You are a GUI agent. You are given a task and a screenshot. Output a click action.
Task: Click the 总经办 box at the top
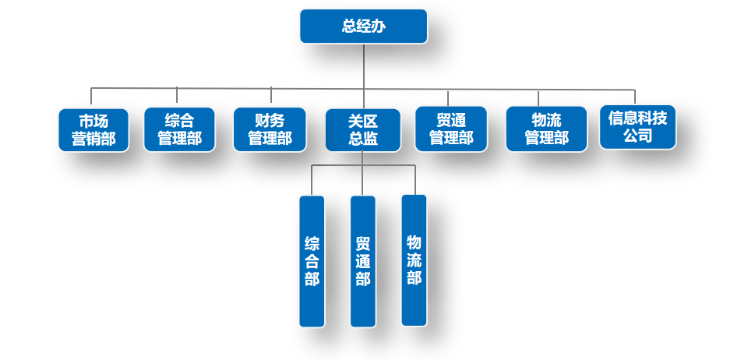pyautogui.click(x=363, y=26)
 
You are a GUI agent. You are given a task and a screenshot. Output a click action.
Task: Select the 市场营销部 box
pyautogui.click(x=93, y=129)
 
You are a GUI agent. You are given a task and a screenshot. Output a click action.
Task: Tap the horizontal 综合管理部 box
pyautogui.click(x=179, y=129)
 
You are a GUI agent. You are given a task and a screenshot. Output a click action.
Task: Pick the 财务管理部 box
pyautogui.click(x=270, y=129)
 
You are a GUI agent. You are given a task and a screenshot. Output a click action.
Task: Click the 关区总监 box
pyautogui.click(x=363, y=129)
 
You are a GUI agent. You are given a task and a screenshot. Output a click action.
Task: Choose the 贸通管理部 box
pyautogui.click(x=450, y=129)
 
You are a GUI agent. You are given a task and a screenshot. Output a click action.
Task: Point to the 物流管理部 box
pyautogui.click(x=546, y=129)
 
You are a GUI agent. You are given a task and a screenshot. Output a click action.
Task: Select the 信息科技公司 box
pyautogui.click(x=637, y=127)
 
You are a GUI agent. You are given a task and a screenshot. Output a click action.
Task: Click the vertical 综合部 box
pyautogui.click(x=312, y=261)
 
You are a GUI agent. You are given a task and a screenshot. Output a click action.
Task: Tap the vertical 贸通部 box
pyautogui.click(x=363, y=261)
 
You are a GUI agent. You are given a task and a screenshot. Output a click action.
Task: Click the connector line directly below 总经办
pyautogui.click(x=364, y=66)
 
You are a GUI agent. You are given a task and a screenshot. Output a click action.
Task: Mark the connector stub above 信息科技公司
pyautogui.click(x=635, y=97)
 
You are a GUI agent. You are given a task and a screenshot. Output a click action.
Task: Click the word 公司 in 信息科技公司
pyautogui.click(x=637, y=136)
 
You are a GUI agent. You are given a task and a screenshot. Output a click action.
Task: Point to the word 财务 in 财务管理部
pyautogui.click(x=270, y=120)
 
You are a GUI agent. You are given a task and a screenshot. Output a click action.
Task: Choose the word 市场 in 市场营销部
pyautogui.click(x=93, y=120)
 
